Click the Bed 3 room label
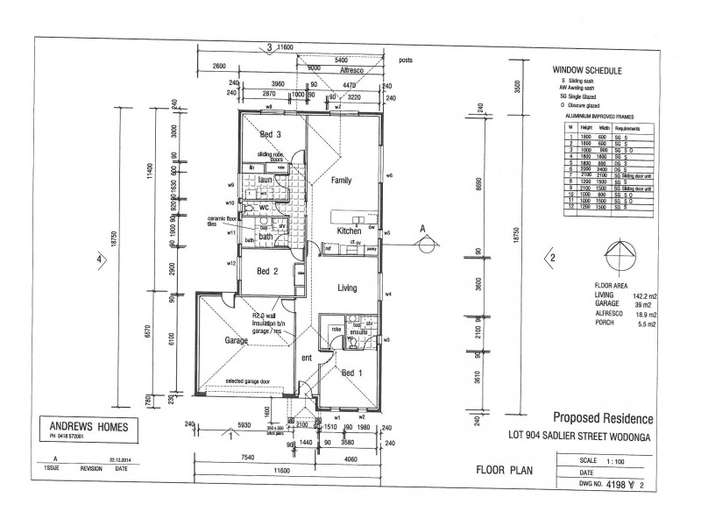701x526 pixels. pos(270,135)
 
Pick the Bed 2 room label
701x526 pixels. pos(267,272)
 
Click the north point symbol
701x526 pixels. pos(622,254)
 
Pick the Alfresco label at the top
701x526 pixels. pos(350,67)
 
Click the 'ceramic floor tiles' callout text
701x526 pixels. pos(217,221)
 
